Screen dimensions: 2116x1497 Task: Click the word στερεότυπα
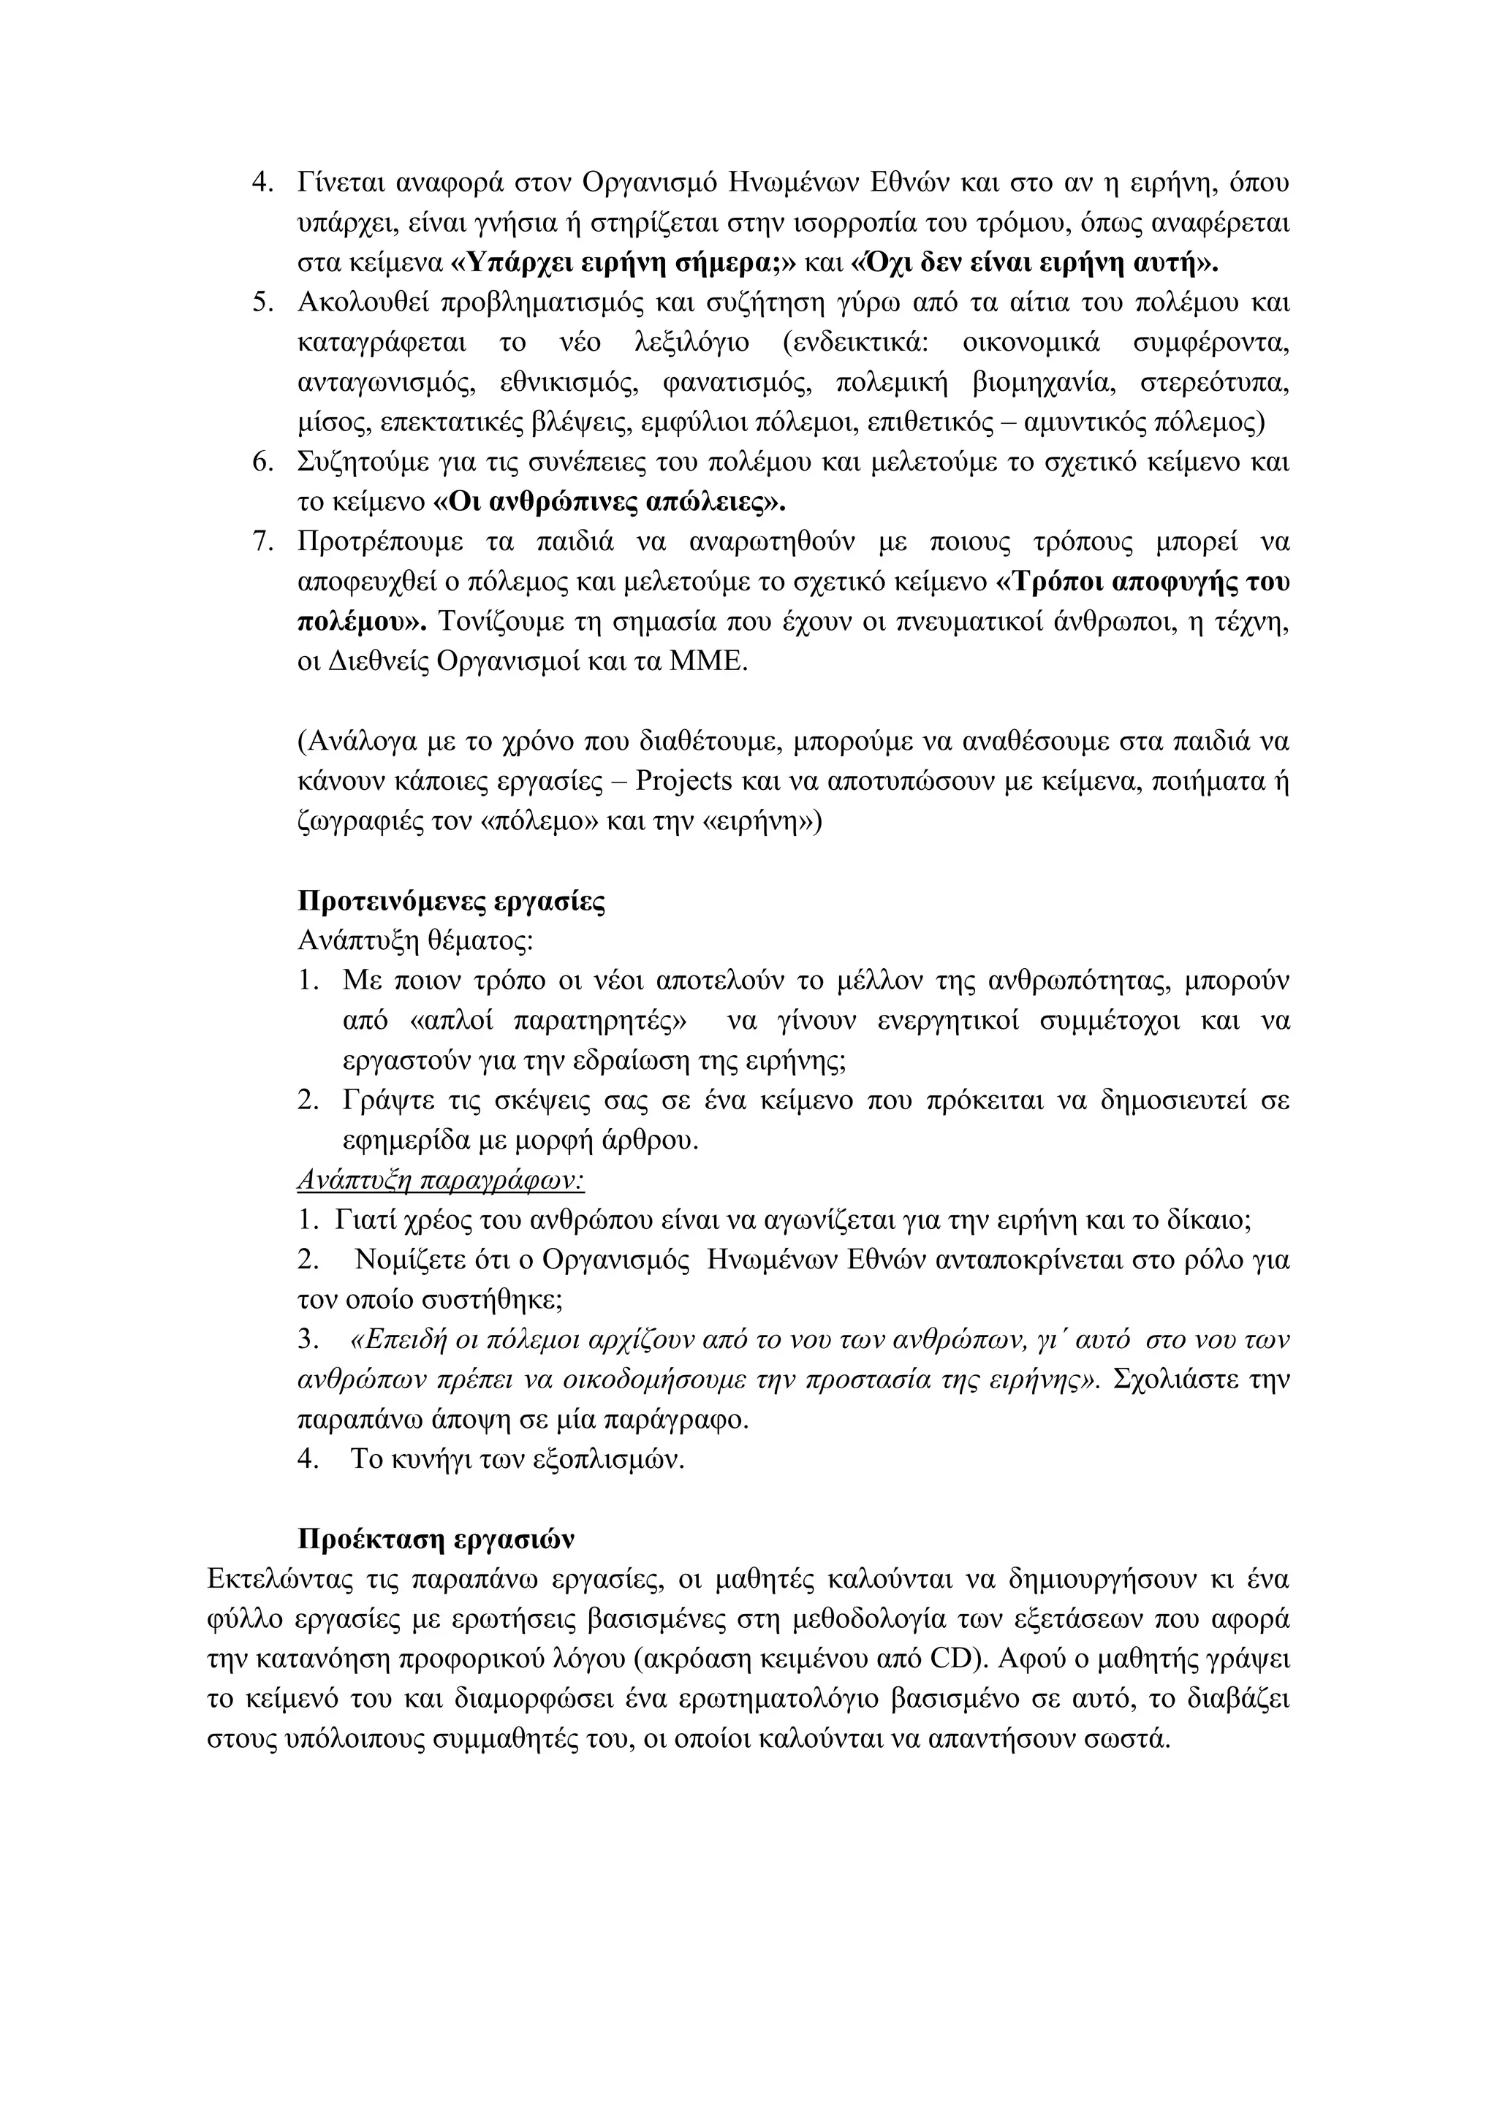[1213, 382]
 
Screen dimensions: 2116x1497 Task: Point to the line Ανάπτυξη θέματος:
[416, 941]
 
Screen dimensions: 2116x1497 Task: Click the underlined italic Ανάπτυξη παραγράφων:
[441, 1181]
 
